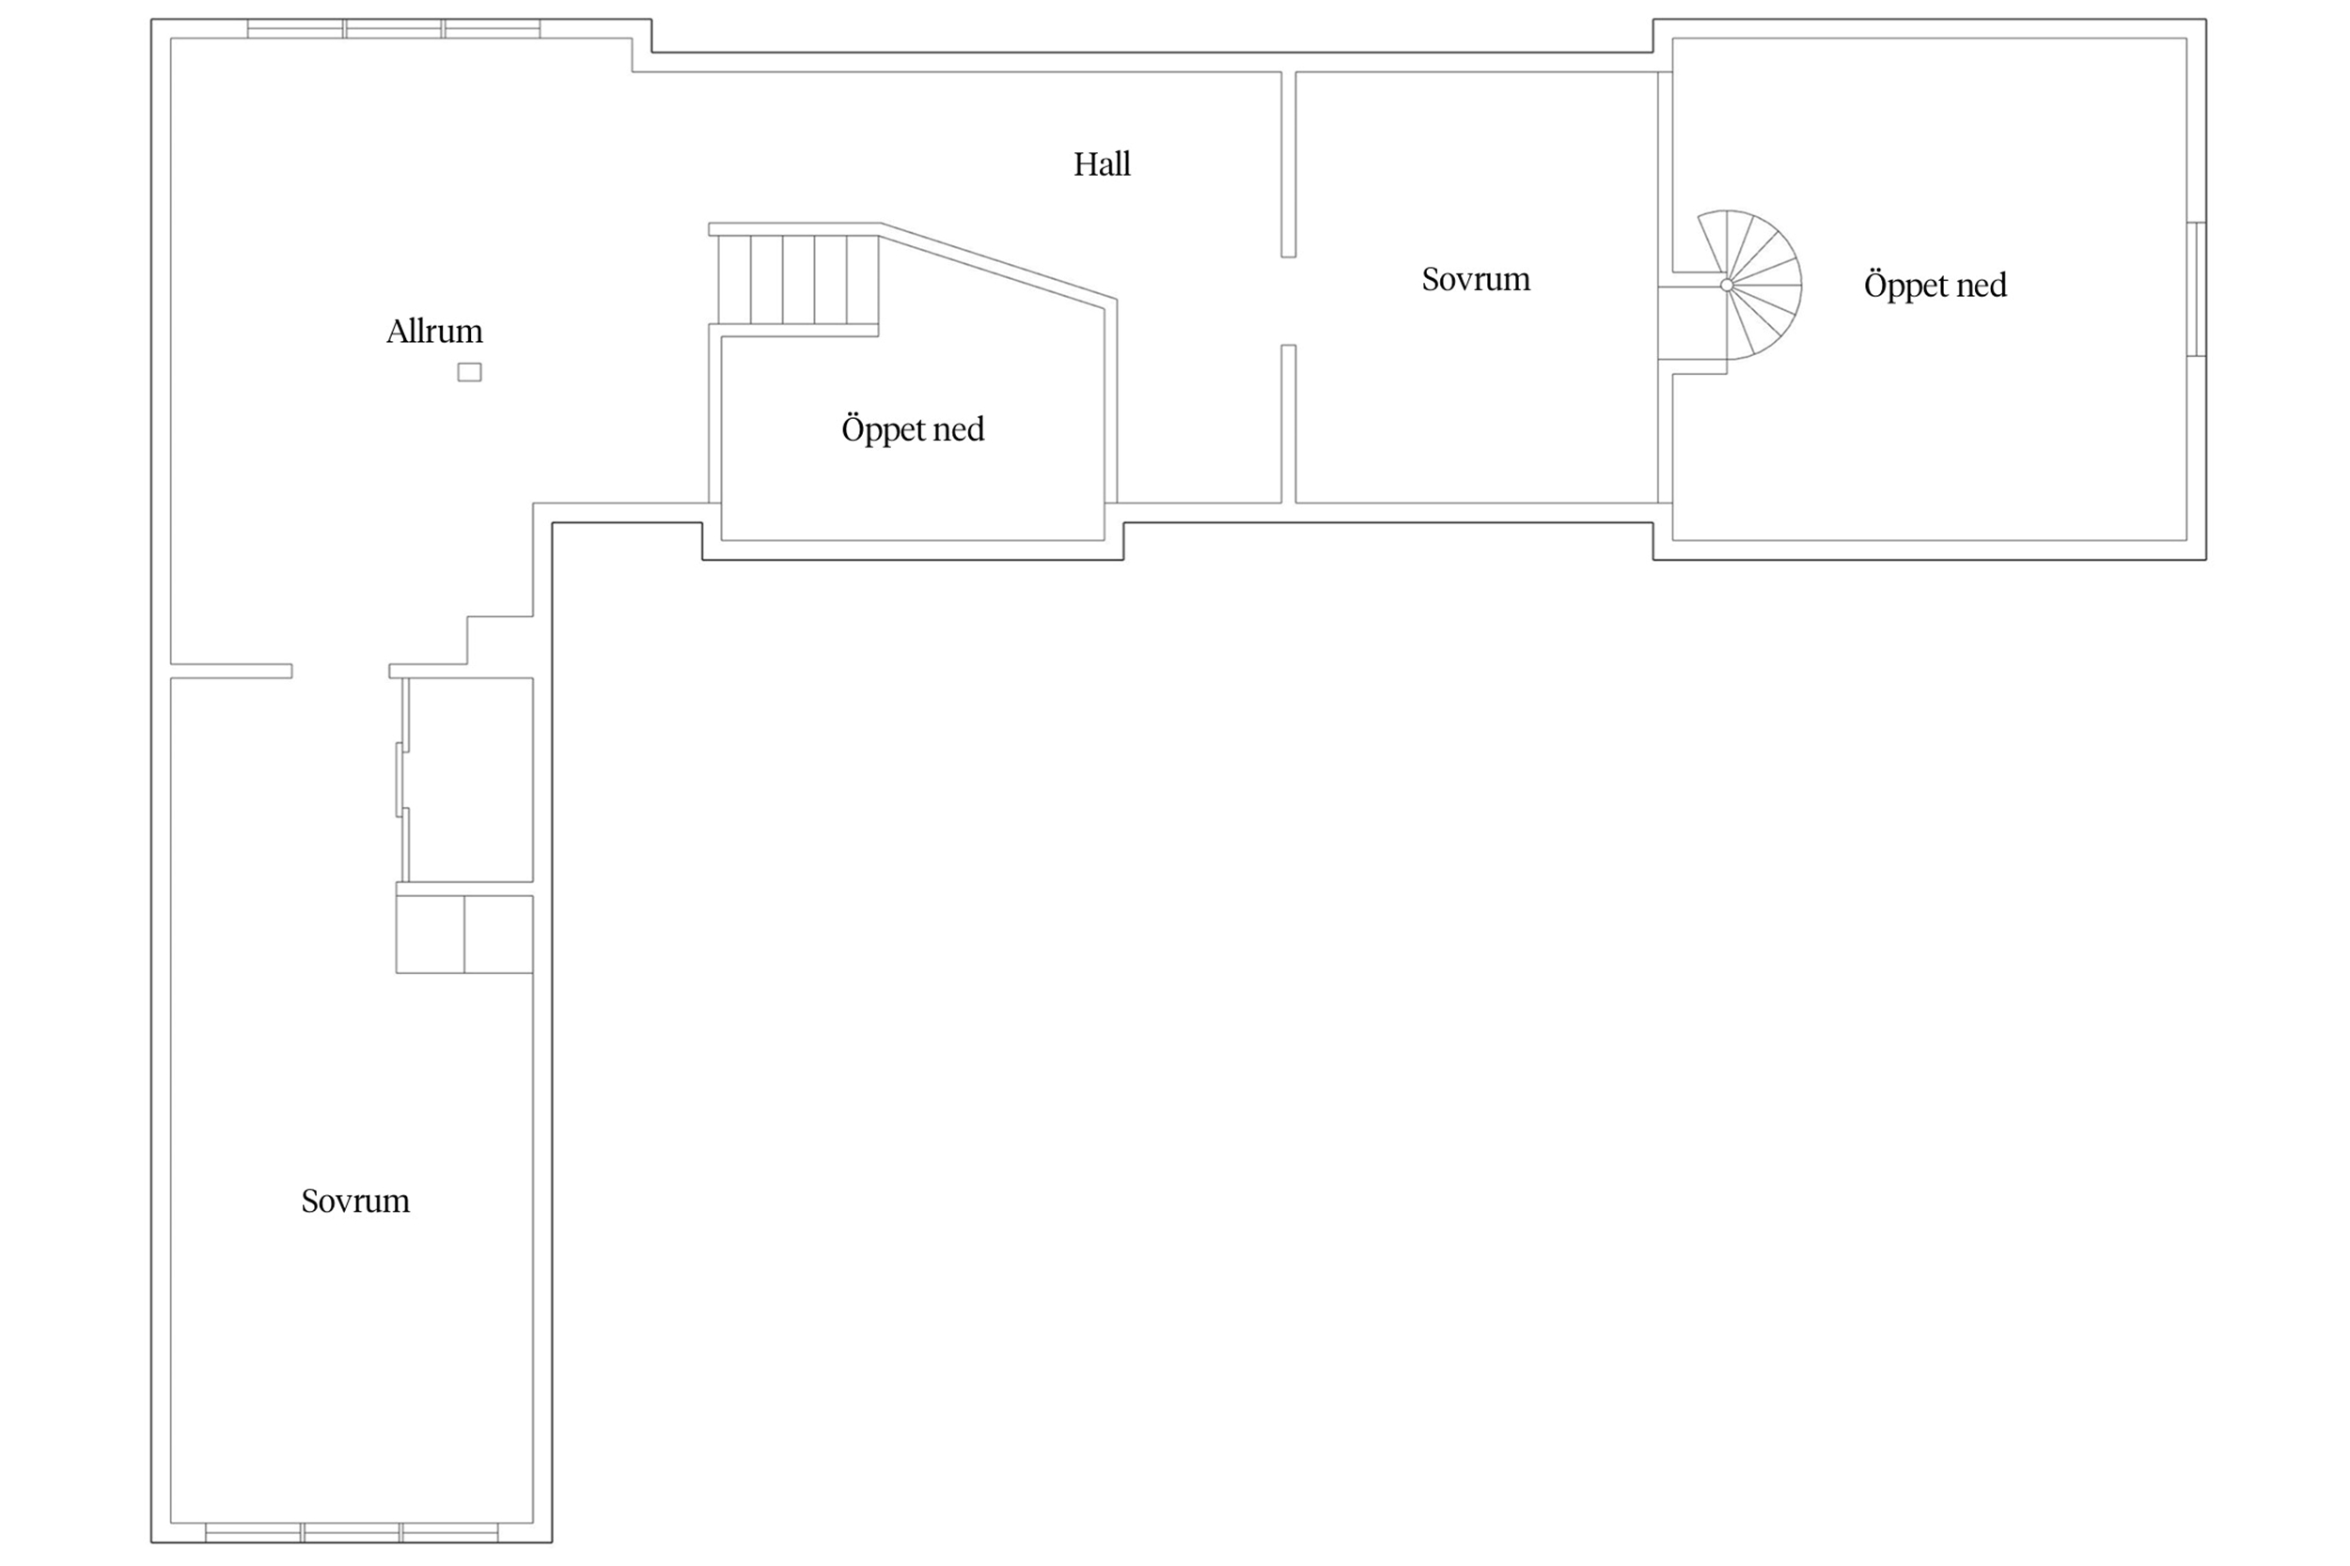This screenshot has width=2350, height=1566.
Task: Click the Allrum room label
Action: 434,331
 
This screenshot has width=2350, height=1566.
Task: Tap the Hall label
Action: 1102,163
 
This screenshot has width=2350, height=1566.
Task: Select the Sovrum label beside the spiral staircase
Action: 1476,280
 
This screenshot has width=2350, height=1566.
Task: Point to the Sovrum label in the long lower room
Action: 355,1201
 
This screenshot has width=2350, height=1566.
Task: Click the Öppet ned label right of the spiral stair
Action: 1935,286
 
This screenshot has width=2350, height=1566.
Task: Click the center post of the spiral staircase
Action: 1727,286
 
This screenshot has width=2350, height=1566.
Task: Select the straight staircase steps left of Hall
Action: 798,280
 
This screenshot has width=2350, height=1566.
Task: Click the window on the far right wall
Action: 2196,288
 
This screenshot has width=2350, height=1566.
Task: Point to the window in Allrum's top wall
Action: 394,29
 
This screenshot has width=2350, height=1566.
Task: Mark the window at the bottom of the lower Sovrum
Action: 352,1532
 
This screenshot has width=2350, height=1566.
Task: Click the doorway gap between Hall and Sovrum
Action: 1289,301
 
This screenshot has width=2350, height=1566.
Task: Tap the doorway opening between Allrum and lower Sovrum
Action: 340,671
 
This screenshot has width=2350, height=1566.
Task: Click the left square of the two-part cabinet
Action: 431,934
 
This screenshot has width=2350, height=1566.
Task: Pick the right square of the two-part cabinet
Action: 498,934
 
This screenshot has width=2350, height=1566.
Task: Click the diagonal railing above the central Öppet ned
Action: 997,266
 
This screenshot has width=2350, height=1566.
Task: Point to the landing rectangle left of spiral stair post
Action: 1692,322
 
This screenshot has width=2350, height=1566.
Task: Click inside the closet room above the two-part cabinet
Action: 471,780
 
